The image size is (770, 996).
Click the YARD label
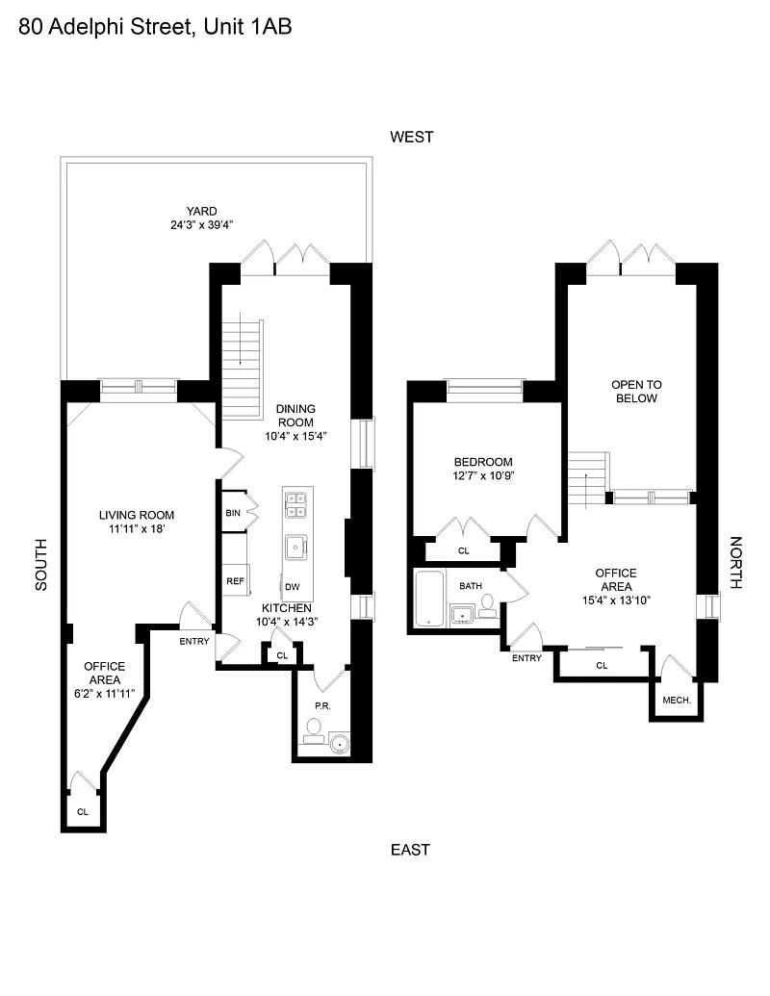[x=201, y=211]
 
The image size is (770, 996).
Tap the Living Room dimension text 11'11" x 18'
[x=137, y=528]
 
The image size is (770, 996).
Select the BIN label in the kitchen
[x=233, y=513]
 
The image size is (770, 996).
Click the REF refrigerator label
[x=235, y=580]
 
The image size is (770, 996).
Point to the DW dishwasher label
[x=293, y=587]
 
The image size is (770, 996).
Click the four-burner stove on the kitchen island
[x=295, y=505]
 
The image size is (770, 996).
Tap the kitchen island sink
[x=295, y=548]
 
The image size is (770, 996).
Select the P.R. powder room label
[x=322, y=705]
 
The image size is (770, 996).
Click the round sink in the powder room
[x=339, y=744]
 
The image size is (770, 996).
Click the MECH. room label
[x=677, y=700]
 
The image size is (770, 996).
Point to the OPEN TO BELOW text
[x=636, y=392]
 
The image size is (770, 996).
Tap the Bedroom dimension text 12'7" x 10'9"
[x=483, y=475]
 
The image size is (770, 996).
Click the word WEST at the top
[x=412, y=137]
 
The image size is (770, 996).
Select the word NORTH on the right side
[x=735, y=563]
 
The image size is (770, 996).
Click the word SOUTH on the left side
[x=40, y=565]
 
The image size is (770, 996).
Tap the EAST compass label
[x=410, y=850]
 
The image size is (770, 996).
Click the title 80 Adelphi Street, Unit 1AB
[x=155, y=27]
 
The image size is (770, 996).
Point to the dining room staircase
[x=242, y=370]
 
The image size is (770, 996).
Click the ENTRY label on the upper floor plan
[x=526, y=658]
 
